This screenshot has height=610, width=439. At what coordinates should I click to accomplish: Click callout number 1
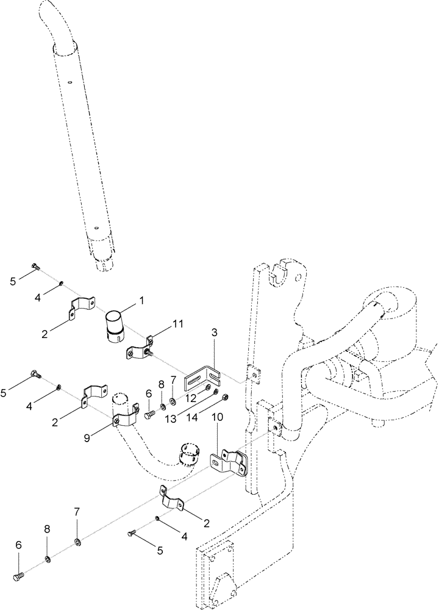coord(141,301)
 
